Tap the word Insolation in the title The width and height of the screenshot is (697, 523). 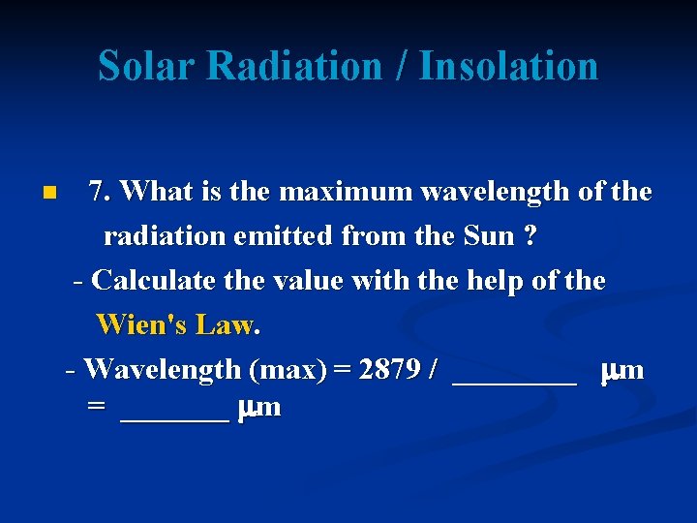[x=508, y=66]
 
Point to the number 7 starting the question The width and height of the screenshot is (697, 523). [x=96, y=191]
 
